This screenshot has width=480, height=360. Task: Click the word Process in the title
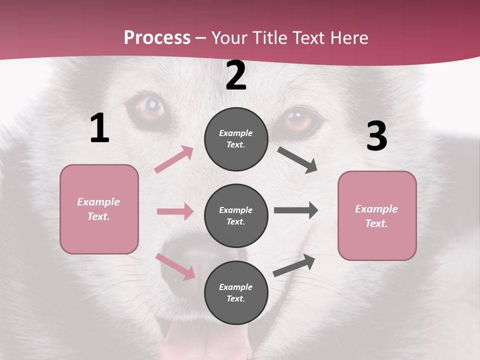[157, 37]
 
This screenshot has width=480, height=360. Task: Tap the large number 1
[99, 128]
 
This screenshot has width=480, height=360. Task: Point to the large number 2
[236, 75]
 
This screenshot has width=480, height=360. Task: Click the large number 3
[376, 136]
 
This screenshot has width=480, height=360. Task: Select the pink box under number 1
[99, 209]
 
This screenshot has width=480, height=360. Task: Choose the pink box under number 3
[377, 215]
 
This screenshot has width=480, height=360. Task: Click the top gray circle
[236, 139]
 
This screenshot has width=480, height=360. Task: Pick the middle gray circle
[236, 215]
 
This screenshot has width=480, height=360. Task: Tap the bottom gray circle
[236, 292]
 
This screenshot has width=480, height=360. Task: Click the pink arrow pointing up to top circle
[173, 159]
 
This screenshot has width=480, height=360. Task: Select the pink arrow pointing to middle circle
[175, 211]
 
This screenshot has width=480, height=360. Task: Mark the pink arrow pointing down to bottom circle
[175, 266]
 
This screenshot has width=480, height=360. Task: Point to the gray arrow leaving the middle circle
[295, 210]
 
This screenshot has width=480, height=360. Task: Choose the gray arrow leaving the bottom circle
[294, 265]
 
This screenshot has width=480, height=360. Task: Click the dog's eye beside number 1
[149, 108]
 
